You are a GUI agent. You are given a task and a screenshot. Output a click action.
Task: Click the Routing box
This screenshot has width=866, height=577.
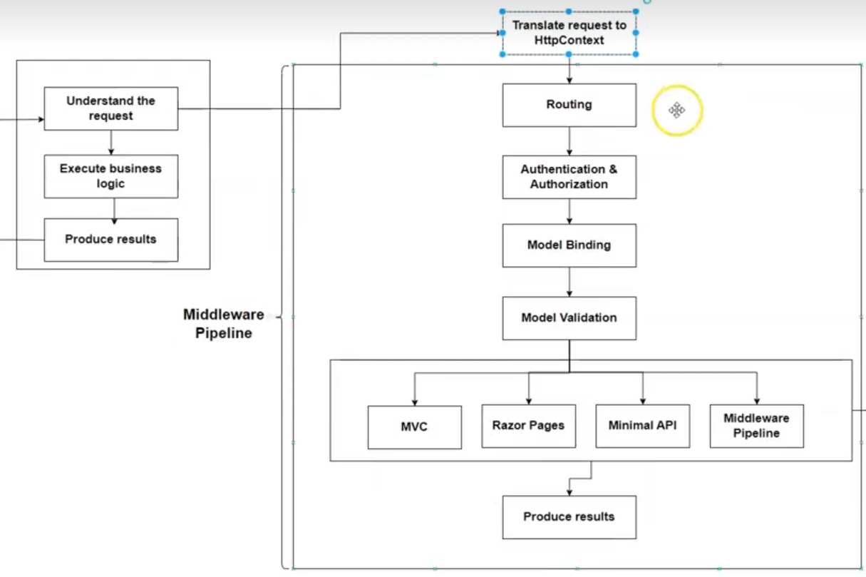point(569,105)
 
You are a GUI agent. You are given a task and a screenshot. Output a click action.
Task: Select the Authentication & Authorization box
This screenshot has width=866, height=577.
point(569,177)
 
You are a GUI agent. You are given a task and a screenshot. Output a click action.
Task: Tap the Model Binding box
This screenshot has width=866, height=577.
point(569,245)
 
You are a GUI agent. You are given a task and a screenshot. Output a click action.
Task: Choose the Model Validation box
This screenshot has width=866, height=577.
point(569,318)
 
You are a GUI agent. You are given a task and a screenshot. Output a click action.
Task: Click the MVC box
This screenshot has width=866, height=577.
point(414,427)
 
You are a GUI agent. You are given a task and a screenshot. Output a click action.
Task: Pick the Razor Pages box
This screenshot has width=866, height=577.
point(528,426)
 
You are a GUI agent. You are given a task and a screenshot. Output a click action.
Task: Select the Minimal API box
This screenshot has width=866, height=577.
point(642,426)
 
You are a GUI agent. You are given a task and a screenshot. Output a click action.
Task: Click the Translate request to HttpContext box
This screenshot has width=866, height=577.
point(569,33)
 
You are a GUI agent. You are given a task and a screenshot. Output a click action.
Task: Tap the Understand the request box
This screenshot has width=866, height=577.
point(110,108)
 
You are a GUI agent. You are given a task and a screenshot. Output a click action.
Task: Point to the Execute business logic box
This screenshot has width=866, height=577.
point(110,176)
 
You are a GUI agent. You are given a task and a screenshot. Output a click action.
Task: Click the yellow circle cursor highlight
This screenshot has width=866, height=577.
point(677,111)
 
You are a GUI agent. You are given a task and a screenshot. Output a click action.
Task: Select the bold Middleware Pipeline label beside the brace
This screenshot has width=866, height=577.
point(223,324)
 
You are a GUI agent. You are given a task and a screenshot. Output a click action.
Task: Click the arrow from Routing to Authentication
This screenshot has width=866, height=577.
point(569,141)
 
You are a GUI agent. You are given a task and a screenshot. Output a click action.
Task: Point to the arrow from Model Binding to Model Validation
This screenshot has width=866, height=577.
point(569,282)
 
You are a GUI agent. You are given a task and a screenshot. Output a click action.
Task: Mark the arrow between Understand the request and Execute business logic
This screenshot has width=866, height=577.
point(110,143)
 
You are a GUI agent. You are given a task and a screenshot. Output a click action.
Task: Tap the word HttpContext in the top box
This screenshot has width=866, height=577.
point(569,41)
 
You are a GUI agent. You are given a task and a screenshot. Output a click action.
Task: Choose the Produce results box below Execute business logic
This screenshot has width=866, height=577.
point(110,240)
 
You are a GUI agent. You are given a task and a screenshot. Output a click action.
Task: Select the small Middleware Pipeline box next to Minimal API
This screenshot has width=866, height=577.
point(756,426)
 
